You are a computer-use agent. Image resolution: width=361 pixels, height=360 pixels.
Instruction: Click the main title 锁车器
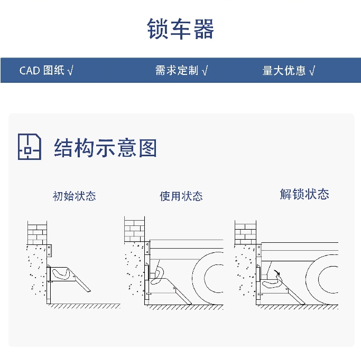[x=180, y=29]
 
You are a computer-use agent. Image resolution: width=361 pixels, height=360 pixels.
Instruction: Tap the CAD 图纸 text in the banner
[x=42, y=71]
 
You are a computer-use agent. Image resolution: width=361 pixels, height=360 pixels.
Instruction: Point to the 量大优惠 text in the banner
[x=284, y=71]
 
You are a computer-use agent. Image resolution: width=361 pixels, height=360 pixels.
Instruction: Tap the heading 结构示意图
[x=106, y=148]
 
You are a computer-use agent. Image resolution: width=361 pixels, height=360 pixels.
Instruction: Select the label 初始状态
[x=74, y=196]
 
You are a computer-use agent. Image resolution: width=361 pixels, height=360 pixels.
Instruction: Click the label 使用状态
[x=181, y=196]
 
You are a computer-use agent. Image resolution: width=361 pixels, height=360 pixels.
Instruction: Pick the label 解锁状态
[x=304, y=194]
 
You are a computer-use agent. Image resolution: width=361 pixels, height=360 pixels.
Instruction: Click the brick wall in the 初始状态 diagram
[x=36, y=233]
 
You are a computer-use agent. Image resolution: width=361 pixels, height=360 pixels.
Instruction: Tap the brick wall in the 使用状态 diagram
[x=134, y=230]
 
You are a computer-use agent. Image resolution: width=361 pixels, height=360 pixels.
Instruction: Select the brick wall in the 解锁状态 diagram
[x=245, y=233]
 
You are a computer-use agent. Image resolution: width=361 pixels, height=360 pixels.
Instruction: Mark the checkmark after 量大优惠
[x=312, y=71]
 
